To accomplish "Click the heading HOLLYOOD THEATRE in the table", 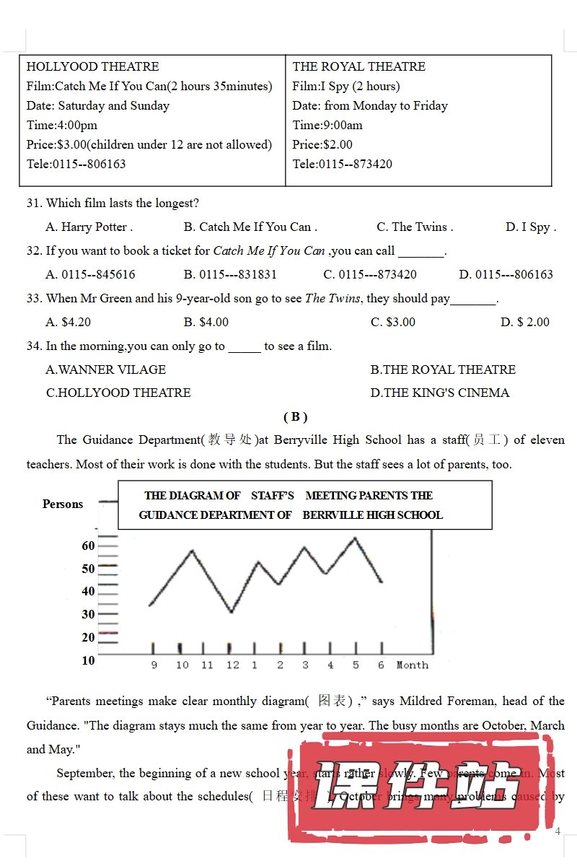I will [x=92, y=66].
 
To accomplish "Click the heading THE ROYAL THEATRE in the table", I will [x=358, y=66].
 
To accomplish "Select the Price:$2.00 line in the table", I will [x=322, y=144].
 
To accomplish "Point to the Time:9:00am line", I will [x=327, y=125].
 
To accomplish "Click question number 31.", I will [x=34, y=203].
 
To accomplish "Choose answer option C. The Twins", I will [x=415, y=227].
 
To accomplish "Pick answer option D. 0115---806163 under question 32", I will [x=506, y=274].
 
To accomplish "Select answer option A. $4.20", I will [x=69, y=322].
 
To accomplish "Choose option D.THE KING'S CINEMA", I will [x=440, y=393].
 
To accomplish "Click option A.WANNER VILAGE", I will [x=106, y=369].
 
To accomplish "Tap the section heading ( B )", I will [x=295, y=416].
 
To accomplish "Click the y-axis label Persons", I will [x=63, y=504].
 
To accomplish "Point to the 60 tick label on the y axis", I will [x=88, y=546].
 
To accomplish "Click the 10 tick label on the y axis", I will [x=88, y=660].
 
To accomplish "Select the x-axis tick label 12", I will [x=232, y=665].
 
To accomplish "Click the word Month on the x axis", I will [x=412, y=665].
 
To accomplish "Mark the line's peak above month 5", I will [x=355, y=538].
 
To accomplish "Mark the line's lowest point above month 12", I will [x=232, y=612].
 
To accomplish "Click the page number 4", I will [x=558, y=831].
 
